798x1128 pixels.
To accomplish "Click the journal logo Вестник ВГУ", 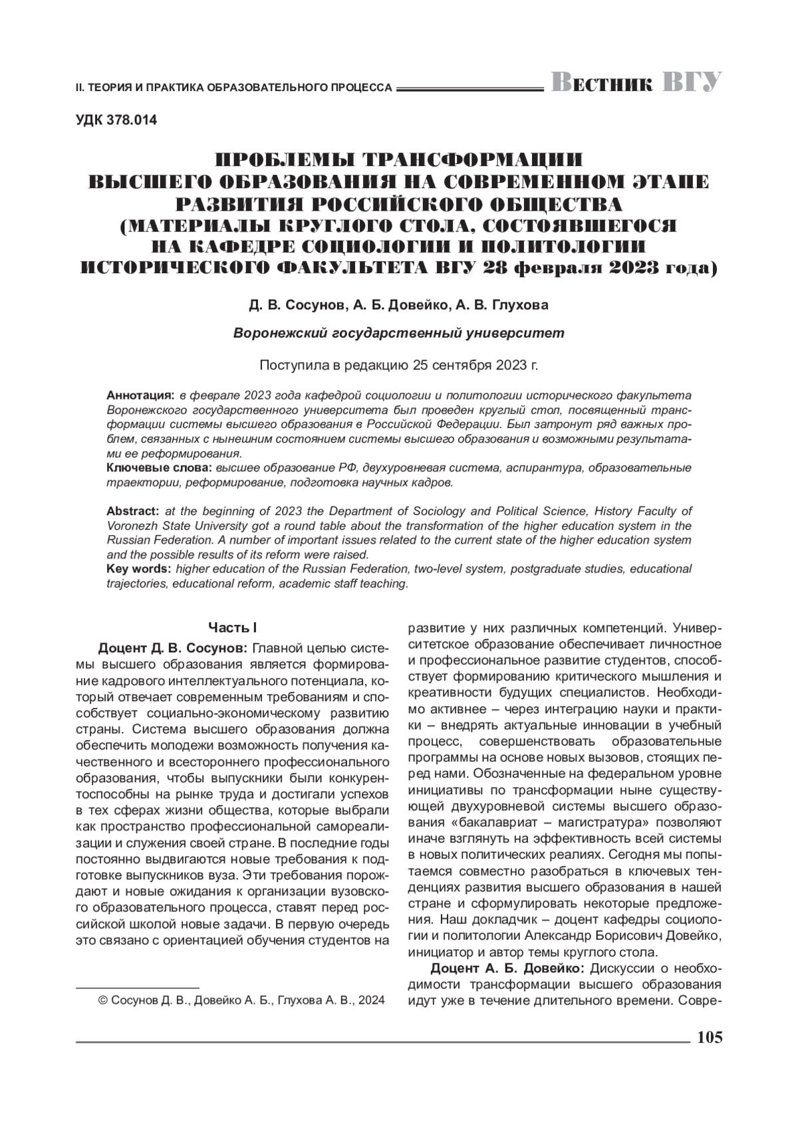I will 636,83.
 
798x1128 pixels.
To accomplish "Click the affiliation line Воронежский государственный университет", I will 398,333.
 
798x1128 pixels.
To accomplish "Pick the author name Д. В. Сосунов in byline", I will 297,305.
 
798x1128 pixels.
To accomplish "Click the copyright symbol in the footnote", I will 102,1000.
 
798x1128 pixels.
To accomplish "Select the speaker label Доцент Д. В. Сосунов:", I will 174,647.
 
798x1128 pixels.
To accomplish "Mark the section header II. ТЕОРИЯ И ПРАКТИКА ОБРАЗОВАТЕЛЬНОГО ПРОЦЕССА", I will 233,87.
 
